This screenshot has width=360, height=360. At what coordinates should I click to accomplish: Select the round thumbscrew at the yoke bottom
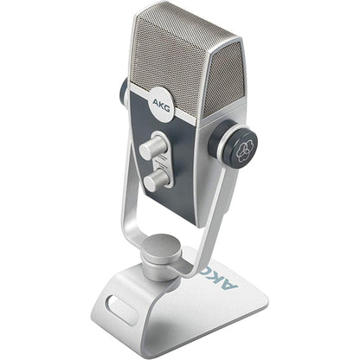[x=161, y=260]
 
